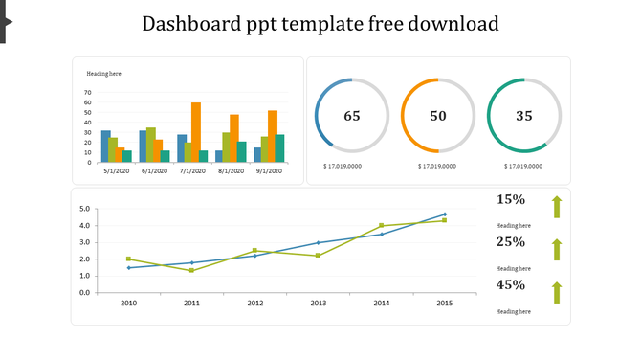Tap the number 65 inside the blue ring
point(352,116)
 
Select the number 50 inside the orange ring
point(438,116)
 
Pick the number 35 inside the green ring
point(524,116)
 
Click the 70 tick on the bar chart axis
point(88,94)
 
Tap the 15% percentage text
point(511,200)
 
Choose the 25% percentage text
point(511,242)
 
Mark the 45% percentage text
point(511,285)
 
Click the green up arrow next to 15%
point(556,207)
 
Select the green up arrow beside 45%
point(556,293)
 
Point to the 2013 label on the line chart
point(319,303)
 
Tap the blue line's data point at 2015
point(444,214)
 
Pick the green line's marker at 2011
point(192,271)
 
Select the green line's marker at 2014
point(381,226)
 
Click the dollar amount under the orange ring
point(437,167)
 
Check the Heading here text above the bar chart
point(103,74)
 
